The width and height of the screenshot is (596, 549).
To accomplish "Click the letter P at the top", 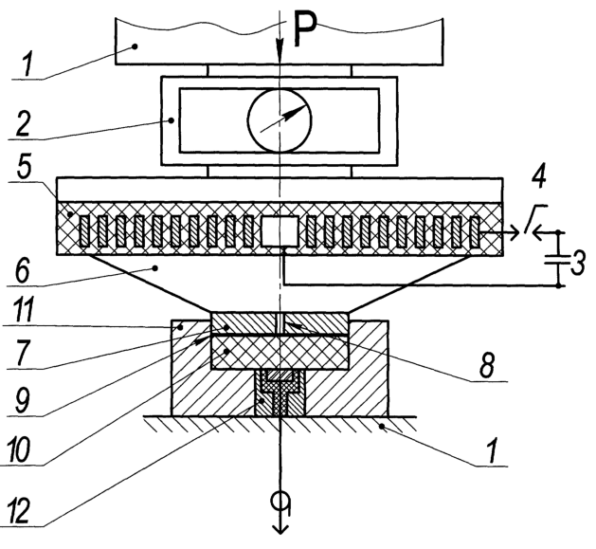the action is point(306,29).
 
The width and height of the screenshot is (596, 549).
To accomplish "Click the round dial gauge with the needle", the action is point(280,120).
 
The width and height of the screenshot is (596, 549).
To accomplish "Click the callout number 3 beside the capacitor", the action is point(578,264).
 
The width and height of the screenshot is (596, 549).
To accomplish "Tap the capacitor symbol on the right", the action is point(558,259).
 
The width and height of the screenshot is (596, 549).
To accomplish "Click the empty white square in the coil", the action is point(280,231).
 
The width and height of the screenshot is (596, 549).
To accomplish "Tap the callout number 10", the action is point(18,450).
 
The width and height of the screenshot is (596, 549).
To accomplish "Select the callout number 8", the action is point(487,366).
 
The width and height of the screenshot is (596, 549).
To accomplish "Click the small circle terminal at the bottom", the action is point(280,501).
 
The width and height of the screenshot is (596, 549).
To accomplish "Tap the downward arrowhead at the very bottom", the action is point(280,528).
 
